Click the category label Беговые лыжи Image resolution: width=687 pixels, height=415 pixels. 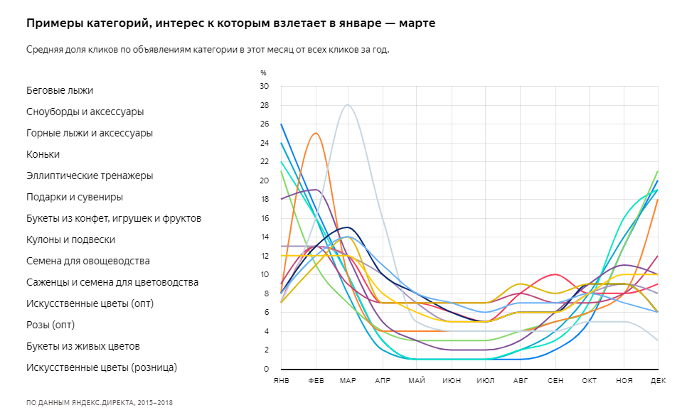60,90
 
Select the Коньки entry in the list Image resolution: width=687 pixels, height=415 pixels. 43,154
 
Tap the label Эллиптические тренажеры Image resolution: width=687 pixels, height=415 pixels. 90,176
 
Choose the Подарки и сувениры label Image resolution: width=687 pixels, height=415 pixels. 75,197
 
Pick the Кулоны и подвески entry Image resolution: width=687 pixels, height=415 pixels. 70,239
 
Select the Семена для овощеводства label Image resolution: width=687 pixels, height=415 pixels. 87,261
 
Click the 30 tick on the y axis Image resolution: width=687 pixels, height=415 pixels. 265,86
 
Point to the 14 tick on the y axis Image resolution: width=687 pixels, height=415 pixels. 265,237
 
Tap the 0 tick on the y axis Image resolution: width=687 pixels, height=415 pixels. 267,369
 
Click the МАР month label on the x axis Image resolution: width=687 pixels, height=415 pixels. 348,382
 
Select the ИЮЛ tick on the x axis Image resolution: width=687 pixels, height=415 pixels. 486,382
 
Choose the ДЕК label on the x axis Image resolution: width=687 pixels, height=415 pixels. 657,382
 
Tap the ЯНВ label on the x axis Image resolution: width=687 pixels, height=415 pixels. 281,382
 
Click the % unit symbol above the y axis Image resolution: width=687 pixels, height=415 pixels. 263,72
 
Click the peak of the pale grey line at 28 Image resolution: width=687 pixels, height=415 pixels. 348,104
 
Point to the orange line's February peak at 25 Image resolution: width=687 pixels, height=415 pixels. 316,133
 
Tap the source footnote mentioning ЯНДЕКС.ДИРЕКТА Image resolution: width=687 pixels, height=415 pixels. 100,402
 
